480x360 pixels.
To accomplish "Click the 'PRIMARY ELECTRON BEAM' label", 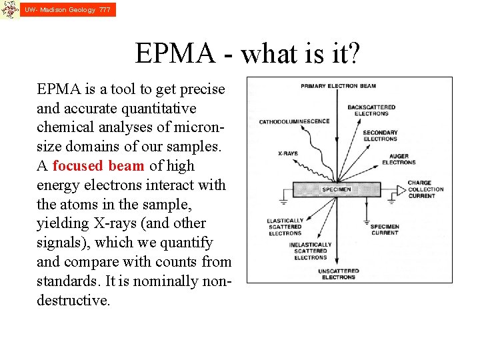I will [x=338, y=86].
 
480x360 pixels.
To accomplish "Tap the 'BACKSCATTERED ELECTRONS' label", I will [x=371, y=110].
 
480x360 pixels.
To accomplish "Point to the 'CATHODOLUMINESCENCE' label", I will [x=294, y=121].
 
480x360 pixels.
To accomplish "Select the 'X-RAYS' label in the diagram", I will [x=287, y=153].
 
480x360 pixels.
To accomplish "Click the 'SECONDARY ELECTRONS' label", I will [x=380, y=136].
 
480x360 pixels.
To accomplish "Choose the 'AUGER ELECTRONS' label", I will [x=399, y=159].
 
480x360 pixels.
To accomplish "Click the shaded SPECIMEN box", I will [x=336, y=189].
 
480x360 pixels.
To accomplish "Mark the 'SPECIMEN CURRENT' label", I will [x=385, y=229].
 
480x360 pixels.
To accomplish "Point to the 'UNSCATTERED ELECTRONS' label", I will [x=338, y=274].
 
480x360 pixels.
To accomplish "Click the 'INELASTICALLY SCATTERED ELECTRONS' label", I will [x=310, y=251].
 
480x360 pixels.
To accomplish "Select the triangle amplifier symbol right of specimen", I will [x=399, y=190].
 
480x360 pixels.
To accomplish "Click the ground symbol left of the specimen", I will [x=285, y=197].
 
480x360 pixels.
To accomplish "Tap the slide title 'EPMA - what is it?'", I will [x=247, y=53].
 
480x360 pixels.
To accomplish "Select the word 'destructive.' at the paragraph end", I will [x=73, y=301].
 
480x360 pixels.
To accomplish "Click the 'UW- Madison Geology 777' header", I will [x=67, y=10].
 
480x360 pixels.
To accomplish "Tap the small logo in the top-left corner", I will [x=9, y=10].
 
